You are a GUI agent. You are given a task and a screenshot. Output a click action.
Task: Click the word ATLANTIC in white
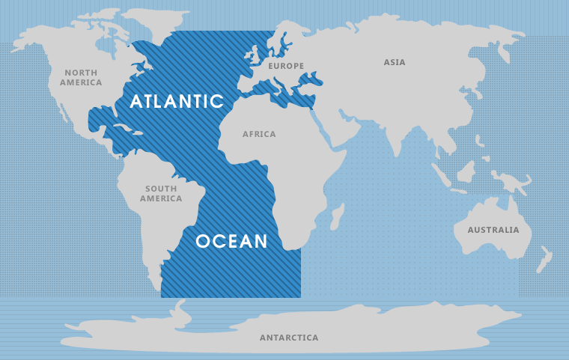(177, 101)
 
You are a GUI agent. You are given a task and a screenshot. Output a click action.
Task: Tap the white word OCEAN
(231, 241)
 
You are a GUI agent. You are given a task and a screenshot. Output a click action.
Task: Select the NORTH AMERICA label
(81, 77)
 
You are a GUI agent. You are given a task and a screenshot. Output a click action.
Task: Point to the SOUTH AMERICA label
(161, 194)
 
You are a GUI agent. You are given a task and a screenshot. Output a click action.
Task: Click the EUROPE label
(286, 66)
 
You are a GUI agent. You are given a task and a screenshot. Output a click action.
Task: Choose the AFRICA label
(259, 134)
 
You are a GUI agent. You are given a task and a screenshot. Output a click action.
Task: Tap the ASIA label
(395, 62)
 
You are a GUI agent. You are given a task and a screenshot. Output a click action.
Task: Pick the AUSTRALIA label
(493, 230)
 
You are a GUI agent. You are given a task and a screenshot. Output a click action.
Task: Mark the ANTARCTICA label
(289, 338)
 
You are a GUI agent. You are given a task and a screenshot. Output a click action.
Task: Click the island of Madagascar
(336, 216)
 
